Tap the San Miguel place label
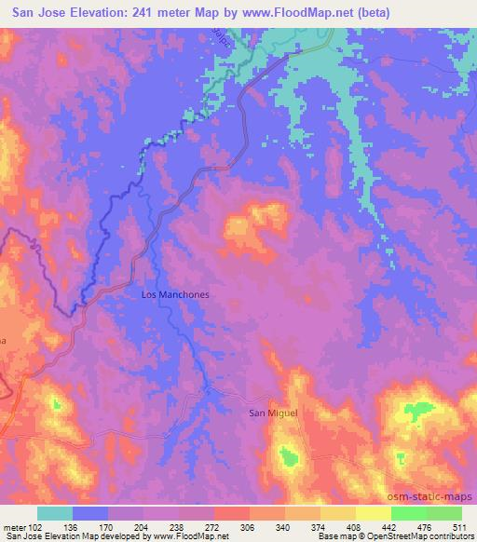pyautogui.click(x=271, y=412)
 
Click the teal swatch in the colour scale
pyautogui.click(x=56, y=513)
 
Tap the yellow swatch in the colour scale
pyautogui.click(x=373, y=513)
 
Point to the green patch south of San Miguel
pyautogui.click(x=291, y=455)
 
